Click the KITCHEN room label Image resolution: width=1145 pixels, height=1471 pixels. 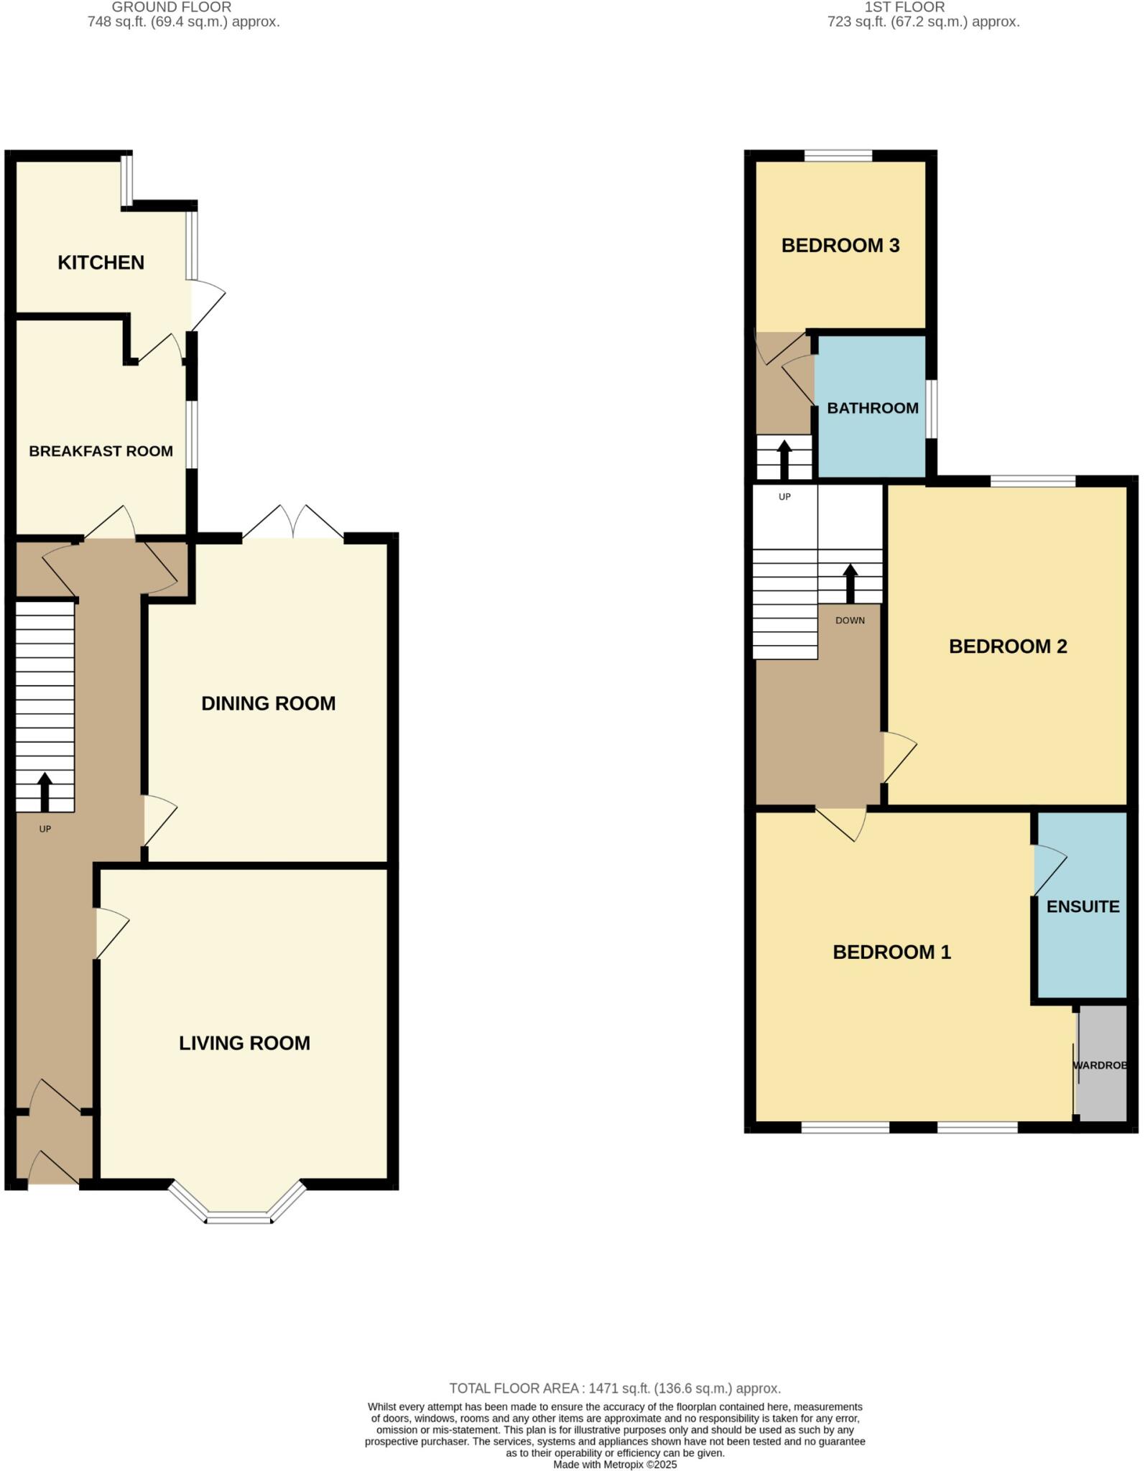point(101,263)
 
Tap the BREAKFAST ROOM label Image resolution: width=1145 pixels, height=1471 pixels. point(101,451)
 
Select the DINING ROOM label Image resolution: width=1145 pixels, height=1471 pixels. point(268,703)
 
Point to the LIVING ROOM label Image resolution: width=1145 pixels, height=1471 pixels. point(244,1043)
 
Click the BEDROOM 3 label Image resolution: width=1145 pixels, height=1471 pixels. point(840,246)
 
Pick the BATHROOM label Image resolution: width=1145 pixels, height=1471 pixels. point(872,408)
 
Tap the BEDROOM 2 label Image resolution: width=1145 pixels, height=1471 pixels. point(1007,646)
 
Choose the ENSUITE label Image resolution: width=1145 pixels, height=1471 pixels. point(1083,906)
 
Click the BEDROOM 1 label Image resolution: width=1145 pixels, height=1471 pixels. point(891,952)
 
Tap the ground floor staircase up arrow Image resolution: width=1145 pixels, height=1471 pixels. point(45,791)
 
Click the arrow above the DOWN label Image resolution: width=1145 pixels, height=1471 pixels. point(850,583)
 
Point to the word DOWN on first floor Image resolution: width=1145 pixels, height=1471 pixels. point(850,621)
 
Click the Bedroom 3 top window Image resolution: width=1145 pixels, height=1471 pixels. point(838,155)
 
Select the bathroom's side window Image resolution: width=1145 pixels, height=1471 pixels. point(930,408)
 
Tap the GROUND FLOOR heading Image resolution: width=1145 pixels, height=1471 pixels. point(172,7)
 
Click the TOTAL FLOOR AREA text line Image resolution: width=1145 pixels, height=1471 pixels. point(615,1388)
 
